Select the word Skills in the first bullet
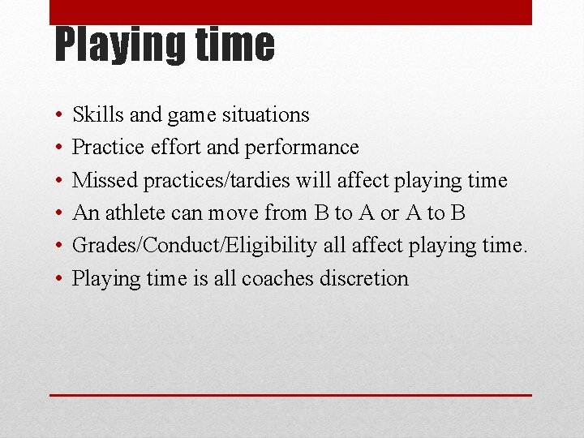click(x=98, y=115)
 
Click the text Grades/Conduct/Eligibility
click(x=194, y=245)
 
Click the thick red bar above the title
click(x=290, y=12)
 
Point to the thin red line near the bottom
click(x=290, y=395)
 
